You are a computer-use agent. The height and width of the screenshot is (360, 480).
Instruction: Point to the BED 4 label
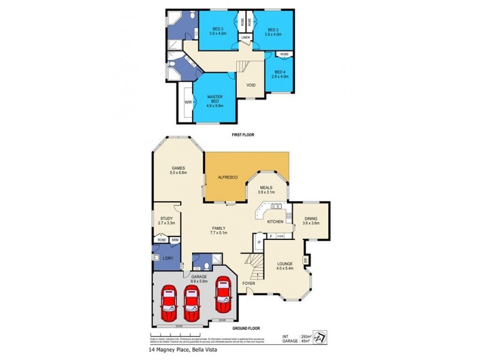280,73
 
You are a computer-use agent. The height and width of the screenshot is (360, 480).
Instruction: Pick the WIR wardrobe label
188,103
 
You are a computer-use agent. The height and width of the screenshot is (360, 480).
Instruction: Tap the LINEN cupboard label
245,38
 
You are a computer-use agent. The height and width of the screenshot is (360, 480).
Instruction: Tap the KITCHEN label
275,221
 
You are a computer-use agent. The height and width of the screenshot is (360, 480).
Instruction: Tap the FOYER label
248,282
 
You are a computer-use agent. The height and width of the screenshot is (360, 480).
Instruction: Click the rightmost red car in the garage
224,293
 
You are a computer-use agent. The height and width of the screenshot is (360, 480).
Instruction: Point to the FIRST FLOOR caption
243,135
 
